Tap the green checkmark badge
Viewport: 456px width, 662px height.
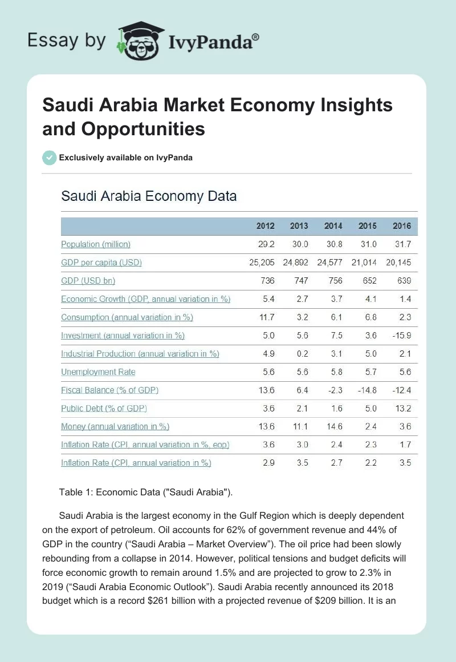(x=50, y=158)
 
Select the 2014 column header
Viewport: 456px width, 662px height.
(x=333, y=226)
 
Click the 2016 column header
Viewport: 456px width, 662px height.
(x=402, y=226)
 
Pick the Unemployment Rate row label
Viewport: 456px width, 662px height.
(x=98, y=372)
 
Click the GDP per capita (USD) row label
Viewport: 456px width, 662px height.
(x=101, y=263)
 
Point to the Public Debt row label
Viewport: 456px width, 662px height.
(x=104, y=409)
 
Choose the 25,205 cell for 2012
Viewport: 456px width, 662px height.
(x=262, y=263)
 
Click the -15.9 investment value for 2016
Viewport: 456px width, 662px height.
(x=401, y=336)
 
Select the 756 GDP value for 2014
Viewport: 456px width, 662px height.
(x=335, y=281)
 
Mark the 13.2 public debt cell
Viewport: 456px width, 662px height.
(x=402, y=409)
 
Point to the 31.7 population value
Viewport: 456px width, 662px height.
(x=402, y=244)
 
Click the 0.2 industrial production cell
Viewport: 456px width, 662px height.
(x=302, y=354)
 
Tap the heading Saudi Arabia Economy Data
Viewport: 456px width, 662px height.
(x=149, y=196)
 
